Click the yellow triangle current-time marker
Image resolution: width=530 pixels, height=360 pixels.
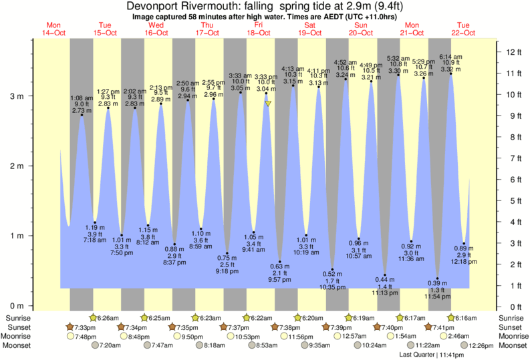click(x=267, y=104)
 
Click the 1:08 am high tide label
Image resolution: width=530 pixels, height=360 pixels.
click(x=82, y=98)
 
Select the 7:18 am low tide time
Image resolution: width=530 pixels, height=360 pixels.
click(x=94, y=240)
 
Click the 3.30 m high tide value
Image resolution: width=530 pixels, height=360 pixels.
click(x=398, y=71)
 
